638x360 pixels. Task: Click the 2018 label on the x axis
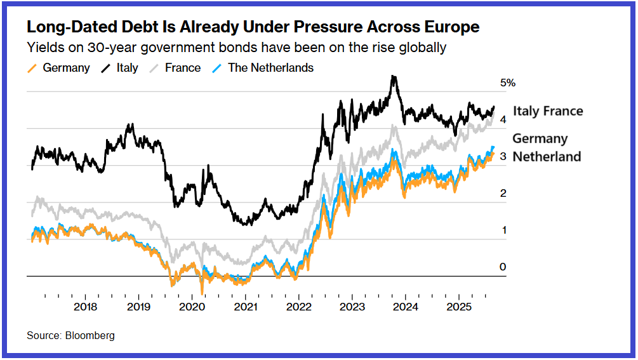tap(86, 307)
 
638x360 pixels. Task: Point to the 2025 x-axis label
tap(459, 307)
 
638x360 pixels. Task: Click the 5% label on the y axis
tap(508, 83)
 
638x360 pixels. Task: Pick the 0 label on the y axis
tap(503, 267)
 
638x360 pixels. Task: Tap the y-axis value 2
tap(503, 193)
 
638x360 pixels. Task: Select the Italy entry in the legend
tap(127, 68)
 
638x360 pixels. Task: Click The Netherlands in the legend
tap(270, 68)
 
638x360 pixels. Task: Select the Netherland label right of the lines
tap(547, 156)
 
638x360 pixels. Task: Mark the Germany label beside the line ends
tap(540, 138)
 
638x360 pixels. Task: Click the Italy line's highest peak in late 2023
tap(394, 77)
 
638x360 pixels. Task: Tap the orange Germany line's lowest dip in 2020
tap(202, 293)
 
